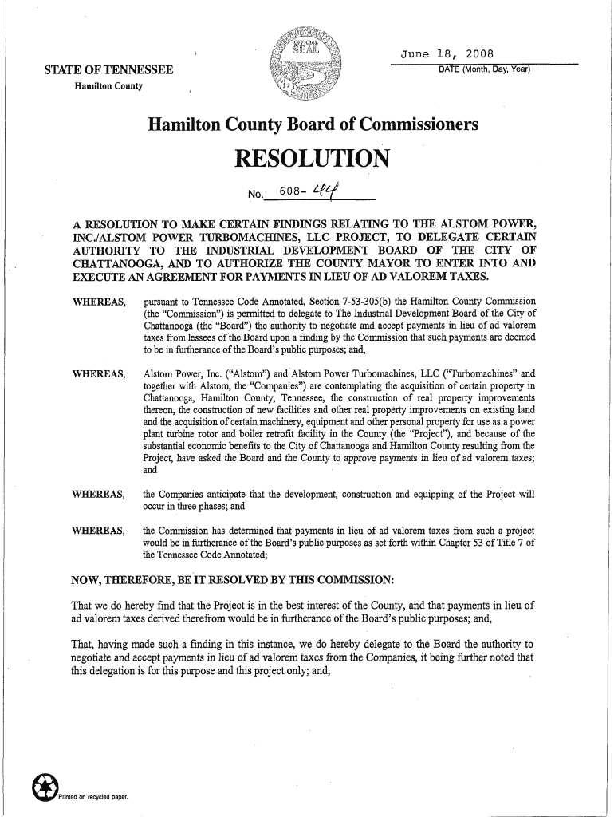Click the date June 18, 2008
click(447, 54)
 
